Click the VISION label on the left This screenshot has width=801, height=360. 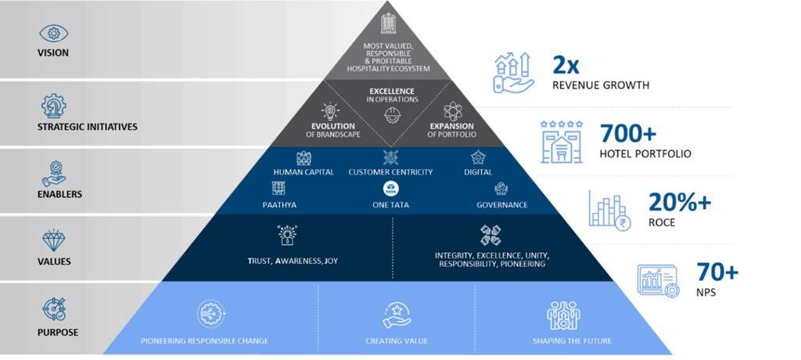53,53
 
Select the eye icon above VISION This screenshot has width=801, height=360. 54,33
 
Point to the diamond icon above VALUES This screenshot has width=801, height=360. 54,240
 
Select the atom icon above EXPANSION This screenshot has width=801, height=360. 451,110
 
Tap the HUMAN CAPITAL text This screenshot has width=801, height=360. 304,172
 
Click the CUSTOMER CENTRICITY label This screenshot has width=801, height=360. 390,172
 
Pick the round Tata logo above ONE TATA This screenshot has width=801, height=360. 390,189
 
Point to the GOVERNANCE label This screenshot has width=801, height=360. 501,205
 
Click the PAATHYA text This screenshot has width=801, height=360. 278,205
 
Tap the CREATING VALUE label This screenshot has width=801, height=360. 397,340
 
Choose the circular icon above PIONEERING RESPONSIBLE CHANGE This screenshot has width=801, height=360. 205,314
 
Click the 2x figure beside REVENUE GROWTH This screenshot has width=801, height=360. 569,64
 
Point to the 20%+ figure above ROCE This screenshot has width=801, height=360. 680,202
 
